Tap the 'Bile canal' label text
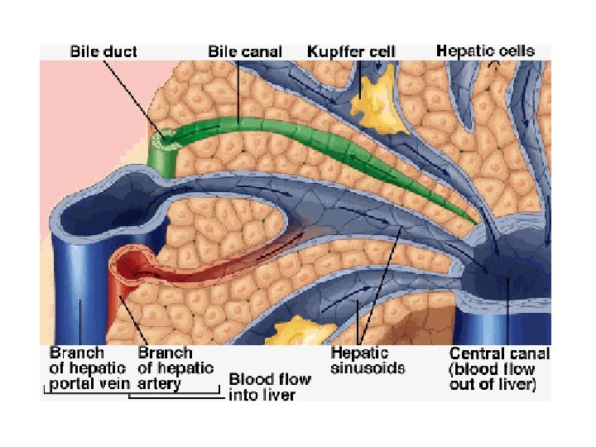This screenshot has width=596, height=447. [244, 51]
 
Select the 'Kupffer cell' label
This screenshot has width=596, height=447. [351, 51]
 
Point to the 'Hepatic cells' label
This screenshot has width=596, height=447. [485, 50]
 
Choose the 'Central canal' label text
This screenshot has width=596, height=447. [499, 353]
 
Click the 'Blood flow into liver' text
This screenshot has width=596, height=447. [270, 387]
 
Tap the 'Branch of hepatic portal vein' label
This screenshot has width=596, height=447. [88, 368]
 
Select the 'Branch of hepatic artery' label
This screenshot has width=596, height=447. [175, 368]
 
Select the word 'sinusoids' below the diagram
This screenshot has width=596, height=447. [368, 368]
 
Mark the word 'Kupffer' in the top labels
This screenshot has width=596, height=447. [333, 51]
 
